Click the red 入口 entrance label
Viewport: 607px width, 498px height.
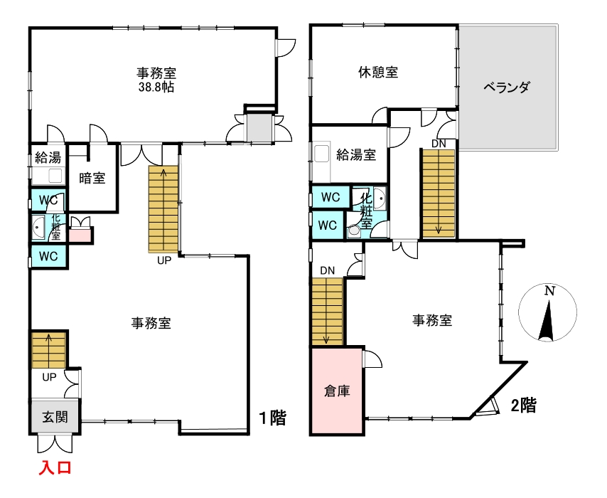54,468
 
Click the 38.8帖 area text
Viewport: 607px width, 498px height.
156,88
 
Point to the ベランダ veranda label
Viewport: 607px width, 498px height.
507,88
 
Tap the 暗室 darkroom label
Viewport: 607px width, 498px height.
92,178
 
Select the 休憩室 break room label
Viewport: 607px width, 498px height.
377,72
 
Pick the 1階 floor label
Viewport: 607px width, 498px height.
272,418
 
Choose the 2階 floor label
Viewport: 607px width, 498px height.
523,406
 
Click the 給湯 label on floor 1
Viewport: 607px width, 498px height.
48,158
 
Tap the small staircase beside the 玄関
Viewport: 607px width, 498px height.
48,350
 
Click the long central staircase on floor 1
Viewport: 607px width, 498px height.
163,208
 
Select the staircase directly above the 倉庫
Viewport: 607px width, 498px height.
327,310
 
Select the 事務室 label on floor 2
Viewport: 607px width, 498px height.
433,320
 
